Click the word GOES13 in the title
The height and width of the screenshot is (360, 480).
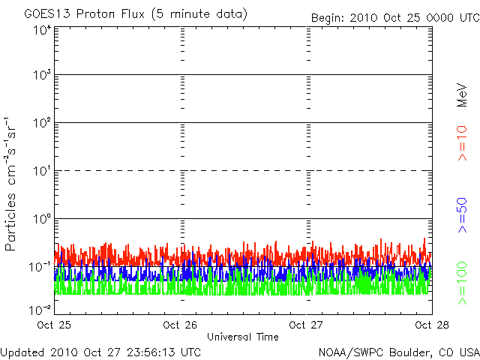47,13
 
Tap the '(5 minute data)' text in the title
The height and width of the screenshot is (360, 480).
199,14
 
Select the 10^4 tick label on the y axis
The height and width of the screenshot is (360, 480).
43,31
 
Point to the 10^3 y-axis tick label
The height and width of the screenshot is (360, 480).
43,75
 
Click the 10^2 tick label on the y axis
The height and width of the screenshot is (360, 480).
43,123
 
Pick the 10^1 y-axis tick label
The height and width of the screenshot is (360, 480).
43,171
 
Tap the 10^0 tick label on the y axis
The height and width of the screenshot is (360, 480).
43,219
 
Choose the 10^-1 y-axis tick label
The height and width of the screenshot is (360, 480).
40,267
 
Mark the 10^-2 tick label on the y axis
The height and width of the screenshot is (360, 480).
40,310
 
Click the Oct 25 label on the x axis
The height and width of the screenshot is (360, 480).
54,325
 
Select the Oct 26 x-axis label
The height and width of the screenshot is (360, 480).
180,325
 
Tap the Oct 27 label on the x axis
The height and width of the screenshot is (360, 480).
306,325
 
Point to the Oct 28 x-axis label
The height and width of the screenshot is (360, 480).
432,325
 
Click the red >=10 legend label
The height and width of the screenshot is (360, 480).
462,143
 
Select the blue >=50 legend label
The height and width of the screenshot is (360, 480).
462,215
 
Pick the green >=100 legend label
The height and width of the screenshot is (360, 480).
462,283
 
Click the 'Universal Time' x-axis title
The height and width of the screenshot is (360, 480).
243,337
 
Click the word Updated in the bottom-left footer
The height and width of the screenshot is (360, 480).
23,352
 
